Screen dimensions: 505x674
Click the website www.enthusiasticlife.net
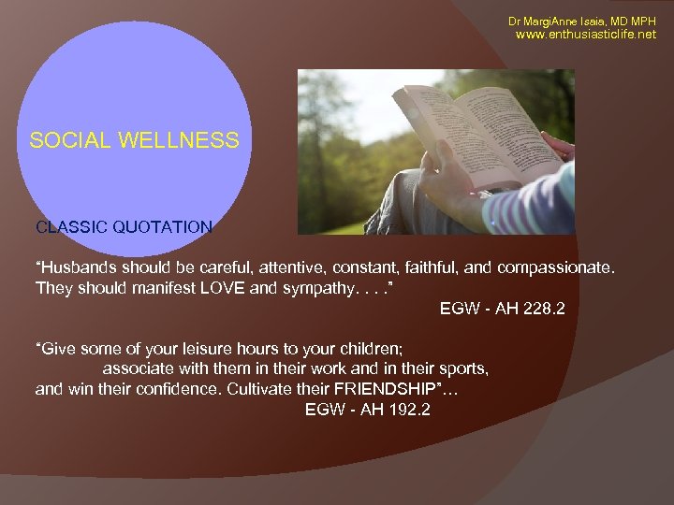[586, 35]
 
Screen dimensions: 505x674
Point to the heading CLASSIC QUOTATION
[124, 226]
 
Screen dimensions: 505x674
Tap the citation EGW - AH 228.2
[502, 309]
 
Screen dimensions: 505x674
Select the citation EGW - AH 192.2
[368, 410]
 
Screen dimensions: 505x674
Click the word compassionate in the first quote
[558, 269]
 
